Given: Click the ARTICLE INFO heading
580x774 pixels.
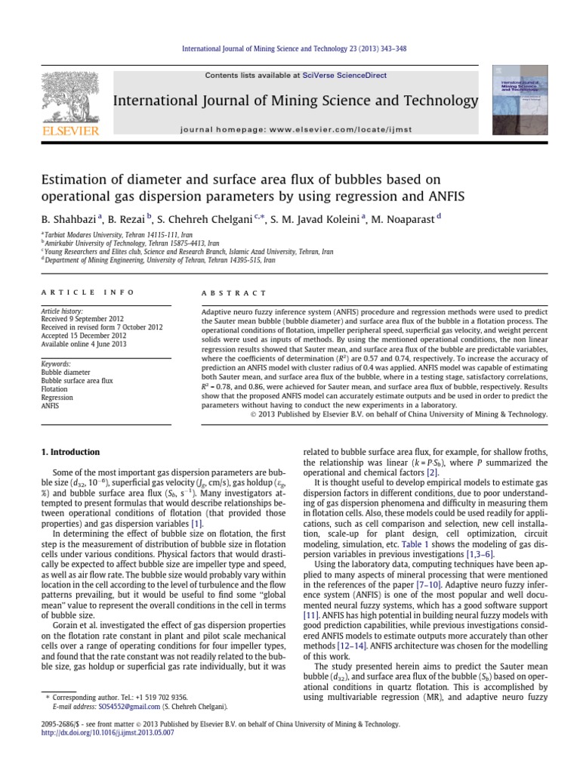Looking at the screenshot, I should click(87, 293).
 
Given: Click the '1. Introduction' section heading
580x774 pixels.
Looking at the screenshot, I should click(69, 452).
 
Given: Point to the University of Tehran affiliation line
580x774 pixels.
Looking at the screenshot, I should click(159, 259).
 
